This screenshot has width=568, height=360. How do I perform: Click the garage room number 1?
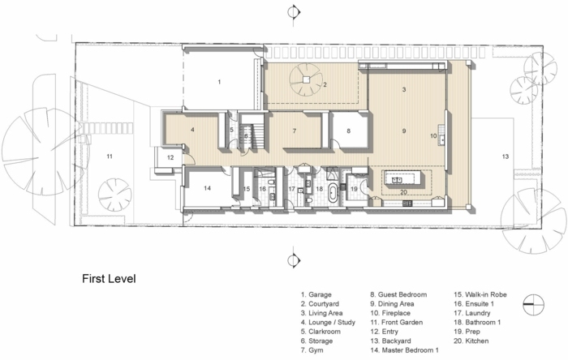coord(219,82)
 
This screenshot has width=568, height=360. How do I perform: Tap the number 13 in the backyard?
coord(506,156)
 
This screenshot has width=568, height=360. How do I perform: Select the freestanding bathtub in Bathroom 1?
coord(333,192)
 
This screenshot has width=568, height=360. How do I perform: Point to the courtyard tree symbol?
coord(306,79)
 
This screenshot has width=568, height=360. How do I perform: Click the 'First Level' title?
coord(109,279)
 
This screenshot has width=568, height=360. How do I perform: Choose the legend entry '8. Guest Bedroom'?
coord(398,294)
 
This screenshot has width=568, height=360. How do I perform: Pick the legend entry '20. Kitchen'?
coord(471,341)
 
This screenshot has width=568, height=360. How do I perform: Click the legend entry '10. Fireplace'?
coord(390,313)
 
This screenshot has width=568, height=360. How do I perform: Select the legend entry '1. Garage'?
coord(316,294)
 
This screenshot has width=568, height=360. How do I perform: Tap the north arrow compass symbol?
coord(534,304)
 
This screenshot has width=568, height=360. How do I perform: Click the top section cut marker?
coord(294,13)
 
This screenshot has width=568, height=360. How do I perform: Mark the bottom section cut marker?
coord(294,259)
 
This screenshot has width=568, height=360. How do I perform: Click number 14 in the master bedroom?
coord(207,188)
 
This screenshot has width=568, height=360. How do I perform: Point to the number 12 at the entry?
coord(170,157)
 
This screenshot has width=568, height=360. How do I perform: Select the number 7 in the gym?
coord(295,131)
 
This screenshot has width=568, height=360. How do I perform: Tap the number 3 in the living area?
coord(404,89)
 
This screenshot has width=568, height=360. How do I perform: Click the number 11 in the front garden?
coord(110,156)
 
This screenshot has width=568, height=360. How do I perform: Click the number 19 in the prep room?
coord(354,189)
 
